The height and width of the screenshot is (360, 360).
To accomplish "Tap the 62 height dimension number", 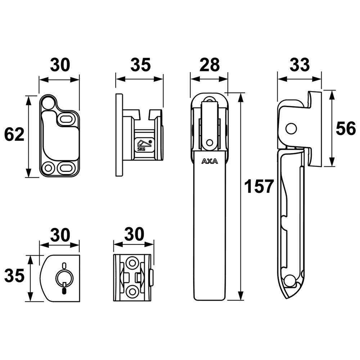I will [14, 135].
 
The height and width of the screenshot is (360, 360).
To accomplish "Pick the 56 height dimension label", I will [345, 129].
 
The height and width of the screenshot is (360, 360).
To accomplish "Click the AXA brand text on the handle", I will [210, 161].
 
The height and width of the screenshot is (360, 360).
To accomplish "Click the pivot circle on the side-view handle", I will [291, 128].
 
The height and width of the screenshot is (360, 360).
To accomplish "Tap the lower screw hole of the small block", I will [132, 291].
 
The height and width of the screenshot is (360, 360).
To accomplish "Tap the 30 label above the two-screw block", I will [134, 235].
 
